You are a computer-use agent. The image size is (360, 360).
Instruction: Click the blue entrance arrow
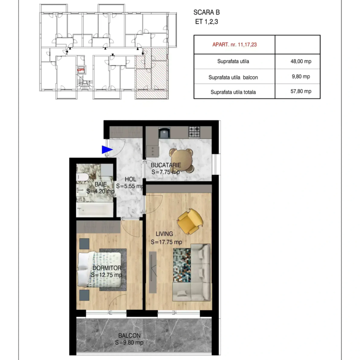click(107, 150)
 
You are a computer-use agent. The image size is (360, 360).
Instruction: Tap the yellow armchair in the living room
click(190, 222)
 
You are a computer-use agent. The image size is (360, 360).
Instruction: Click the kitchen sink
click(164, 133)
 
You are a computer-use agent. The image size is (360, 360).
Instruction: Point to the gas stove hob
click(194, 132)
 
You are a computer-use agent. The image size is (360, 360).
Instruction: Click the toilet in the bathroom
click(82, 178)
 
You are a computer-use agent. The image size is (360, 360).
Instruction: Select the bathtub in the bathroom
click(95, 210)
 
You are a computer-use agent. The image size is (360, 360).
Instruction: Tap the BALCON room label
click(129, 336)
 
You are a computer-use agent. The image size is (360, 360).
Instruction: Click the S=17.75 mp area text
click(166, 242)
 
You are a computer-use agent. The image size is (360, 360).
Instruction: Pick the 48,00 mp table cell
click(301, 61)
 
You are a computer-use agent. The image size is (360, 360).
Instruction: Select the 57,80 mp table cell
click(301, 91)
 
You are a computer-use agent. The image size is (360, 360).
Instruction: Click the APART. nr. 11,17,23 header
click(234, 45)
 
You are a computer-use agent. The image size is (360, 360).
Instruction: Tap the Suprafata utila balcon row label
click(233, 78)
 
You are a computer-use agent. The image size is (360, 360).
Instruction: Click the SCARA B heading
click(206, 12)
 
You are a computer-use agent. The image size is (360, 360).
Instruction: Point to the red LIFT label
click(81, 70)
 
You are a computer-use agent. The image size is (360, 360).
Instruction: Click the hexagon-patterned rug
click(182, 265)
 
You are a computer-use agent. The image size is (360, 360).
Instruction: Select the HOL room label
click(131, 179)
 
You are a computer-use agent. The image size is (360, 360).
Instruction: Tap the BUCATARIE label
click(166, 165)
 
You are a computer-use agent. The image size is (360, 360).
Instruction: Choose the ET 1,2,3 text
click(206, 22)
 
